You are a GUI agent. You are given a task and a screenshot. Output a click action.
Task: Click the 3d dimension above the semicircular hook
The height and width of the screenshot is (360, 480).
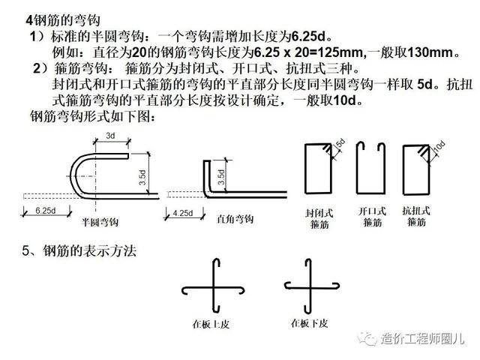[x=109, y=136]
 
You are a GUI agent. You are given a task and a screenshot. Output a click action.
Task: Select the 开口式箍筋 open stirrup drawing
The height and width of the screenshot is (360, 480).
[x=370, y=169]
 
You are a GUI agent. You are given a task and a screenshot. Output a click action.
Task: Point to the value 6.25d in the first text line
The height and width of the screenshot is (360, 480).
[x=307, y=36]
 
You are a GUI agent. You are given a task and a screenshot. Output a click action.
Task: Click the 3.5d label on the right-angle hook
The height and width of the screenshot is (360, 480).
[x=220, y=177]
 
